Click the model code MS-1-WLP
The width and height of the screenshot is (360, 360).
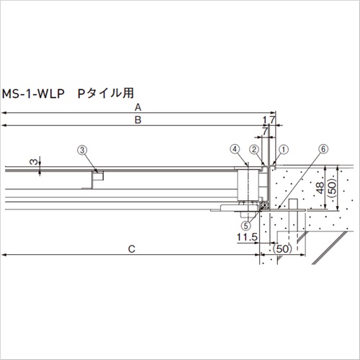click(x=33, y=94)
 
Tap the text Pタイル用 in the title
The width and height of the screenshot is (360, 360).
click(x=106, y=94)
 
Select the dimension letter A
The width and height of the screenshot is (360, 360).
click(x=138, y=107)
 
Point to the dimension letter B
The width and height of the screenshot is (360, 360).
click(x=138, y=120)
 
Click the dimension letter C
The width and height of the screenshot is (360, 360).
click(x=132, y=249)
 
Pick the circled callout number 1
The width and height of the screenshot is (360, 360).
click(x=284, y=150)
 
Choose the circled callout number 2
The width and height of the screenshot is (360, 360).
click(x=254, y=150)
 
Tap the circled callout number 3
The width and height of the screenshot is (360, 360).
click(x=82, y=150)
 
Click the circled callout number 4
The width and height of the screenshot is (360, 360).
click(x=235, y=149)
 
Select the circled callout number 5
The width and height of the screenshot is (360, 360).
click(x=246, y=225)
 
